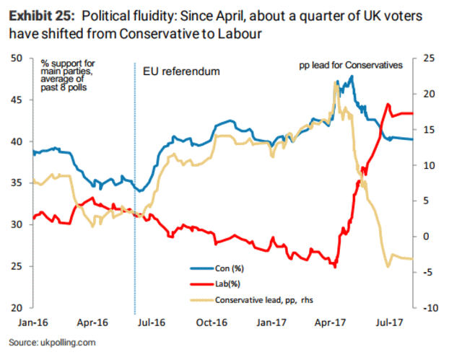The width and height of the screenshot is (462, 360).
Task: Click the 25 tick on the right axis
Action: click(427, 58)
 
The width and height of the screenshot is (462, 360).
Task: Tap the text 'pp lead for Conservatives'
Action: click(350, 66)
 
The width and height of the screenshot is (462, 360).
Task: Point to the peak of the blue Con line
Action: click(352, 76)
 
